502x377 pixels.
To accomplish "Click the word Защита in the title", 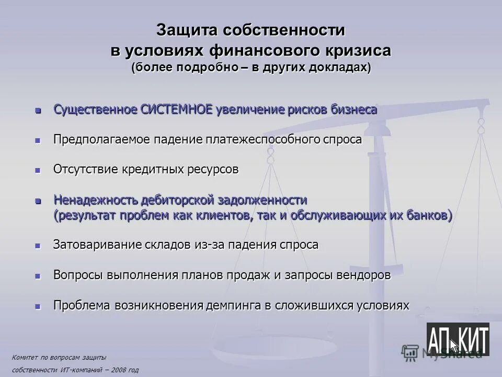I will point(187,31).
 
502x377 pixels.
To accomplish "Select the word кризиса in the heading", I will point(358,51).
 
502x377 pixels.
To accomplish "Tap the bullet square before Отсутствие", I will point(37,171).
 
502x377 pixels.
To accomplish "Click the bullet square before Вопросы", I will point(37,276).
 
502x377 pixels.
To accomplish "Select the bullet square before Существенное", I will point(37,111).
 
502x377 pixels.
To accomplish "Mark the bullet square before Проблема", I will point(37,306).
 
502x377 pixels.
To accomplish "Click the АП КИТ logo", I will point(458,339).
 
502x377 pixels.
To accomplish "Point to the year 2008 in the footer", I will point(117,370).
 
